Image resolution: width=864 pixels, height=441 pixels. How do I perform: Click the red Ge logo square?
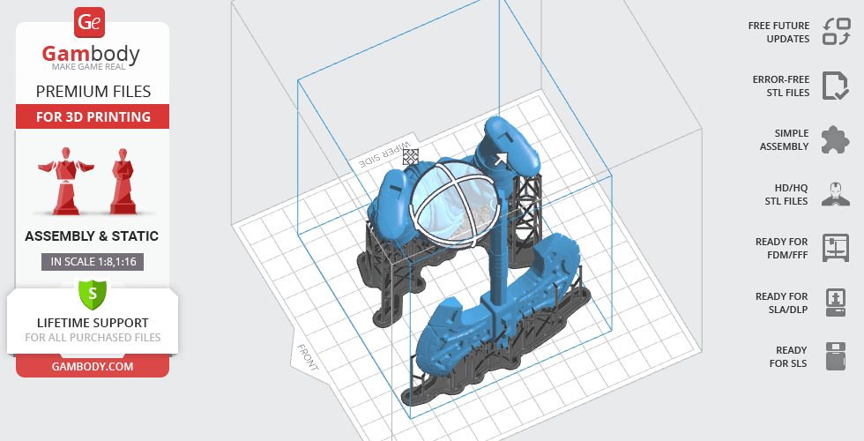coord(89,22)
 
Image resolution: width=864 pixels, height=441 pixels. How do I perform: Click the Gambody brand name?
coord(91,54)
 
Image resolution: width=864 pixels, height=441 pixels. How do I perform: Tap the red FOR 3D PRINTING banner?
coord(93,116)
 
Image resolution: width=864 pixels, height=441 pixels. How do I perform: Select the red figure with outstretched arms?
coord(65,180)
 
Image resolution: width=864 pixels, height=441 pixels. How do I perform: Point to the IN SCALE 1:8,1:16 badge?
coord(93,262)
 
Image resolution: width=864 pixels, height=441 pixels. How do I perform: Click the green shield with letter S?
coord(93,293)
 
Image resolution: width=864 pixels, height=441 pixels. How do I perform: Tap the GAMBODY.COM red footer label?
coord(93,367)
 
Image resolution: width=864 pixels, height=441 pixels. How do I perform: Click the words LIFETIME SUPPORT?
coord(93,323)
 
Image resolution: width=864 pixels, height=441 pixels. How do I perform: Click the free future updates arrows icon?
coord(836,32)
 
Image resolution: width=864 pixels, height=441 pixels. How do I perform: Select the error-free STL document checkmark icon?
coord(836,86)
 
